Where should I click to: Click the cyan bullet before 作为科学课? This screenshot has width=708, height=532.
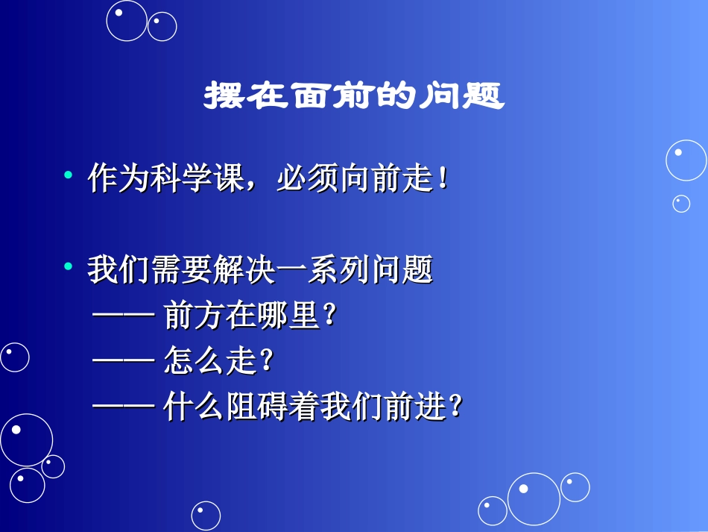click(69, 176)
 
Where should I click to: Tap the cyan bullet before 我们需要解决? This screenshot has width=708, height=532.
click(69, 266)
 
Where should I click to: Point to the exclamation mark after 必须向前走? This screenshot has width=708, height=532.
click(443, 180)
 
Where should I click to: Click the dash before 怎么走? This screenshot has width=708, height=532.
click(123, 362)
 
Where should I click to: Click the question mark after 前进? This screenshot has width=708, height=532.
click(457, 408)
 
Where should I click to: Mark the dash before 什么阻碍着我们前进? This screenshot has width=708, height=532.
click(123, 407)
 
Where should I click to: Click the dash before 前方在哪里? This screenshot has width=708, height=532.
click(123, 316)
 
